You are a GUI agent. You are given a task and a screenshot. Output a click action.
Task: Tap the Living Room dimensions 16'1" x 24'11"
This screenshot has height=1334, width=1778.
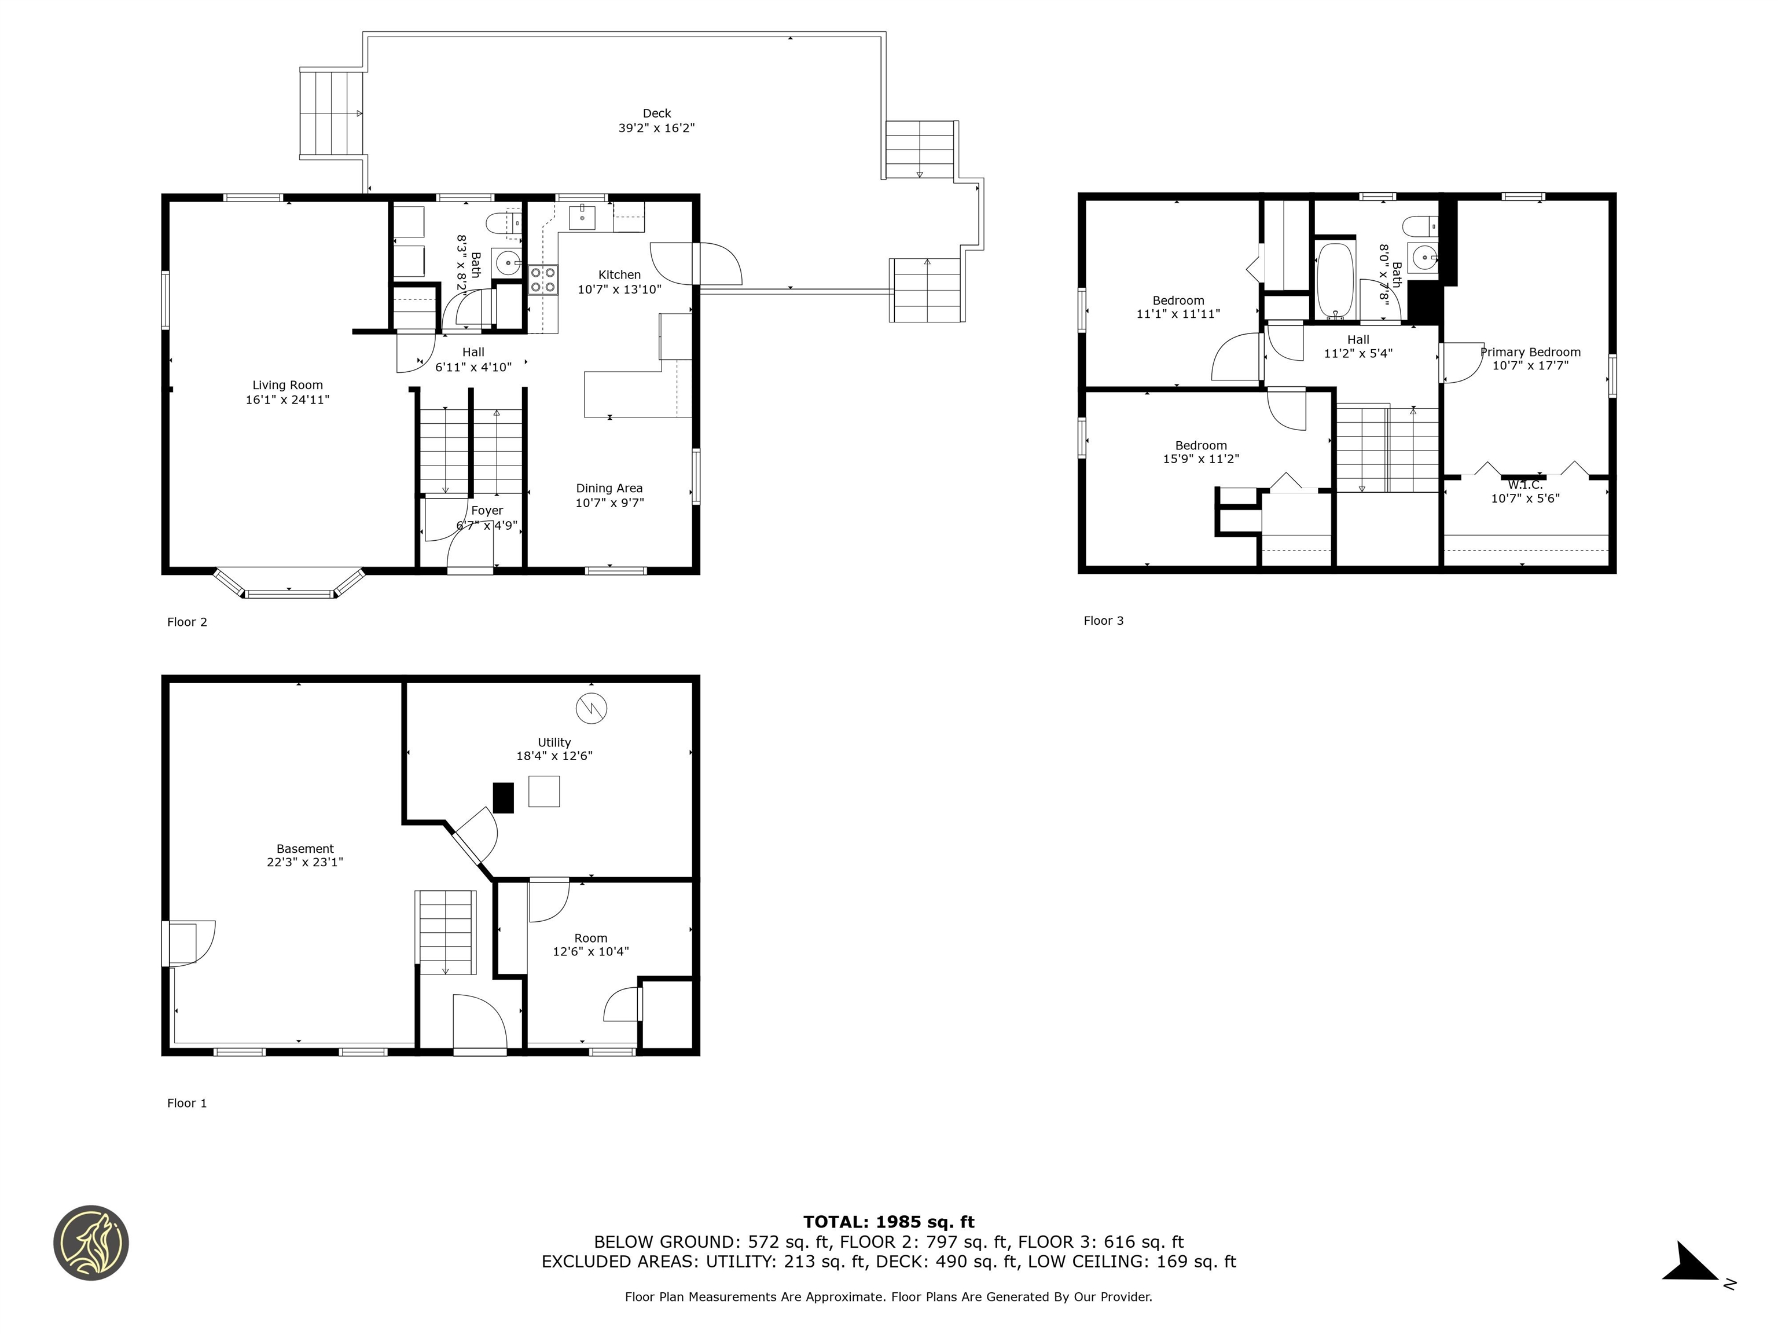click(287, 400)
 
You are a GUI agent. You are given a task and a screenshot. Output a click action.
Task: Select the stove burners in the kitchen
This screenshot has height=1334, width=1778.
click(543, 280)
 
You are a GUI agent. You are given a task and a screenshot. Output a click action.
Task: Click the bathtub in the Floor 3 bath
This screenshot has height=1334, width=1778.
click(1335, 281)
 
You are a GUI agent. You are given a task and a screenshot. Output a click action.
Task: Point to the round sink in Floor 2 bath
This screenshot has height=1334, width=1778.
click(506, 262)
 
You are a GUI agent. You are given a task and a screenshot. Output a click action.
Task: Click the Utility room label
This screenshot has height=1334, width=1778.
click(554, 742)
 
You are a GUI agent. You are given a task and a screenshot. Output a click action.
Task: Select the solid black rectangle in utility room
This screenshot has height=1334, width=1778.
click(502, 798)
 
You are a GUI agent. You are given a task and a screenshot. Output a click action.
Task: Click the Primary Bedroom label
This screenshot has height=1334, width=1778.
click(1530, 352)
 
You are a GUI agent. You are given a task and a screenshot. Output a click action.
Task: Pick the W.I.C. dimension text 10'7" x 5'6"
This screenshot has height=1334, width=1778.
click(1525, 499)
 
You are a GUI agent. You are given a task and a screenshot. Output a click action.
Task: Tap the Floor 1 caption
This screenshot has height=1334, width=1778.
click(186, 1103)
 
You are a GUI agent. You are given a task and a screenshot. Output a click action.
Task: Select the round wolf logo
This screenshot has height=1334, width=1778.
click(91, 1243)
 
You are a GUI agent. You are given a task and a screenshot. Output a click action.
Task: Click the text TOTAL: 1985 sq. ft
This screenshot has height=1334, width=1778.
click(888, 1222)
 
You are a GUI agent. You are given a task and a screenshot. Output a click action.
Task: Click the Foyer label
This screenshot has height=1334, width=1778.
click(487, 511)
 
